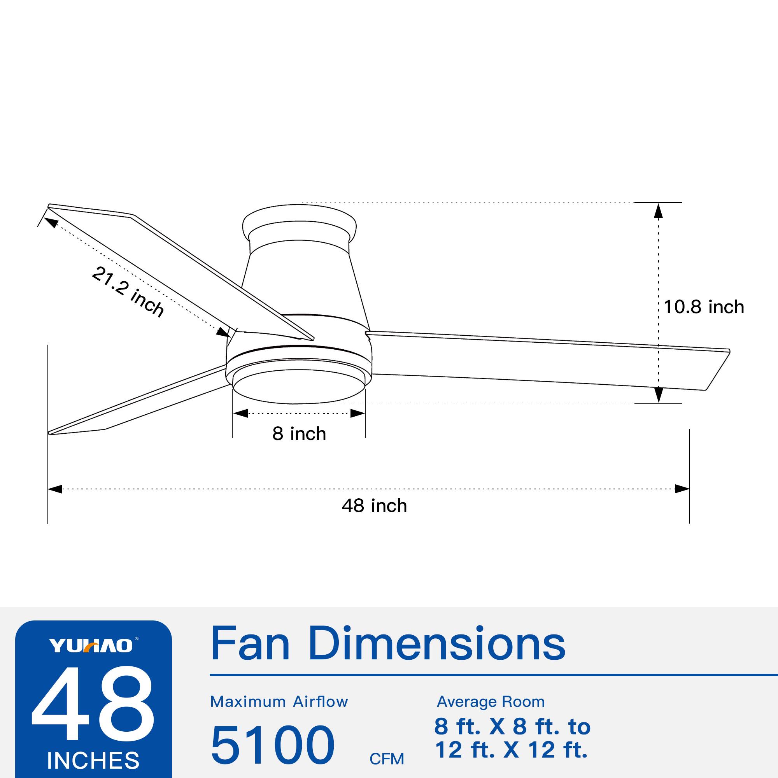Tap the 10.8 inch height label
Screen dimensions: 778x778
703,307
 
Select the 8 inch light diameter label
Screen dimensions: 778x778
299,434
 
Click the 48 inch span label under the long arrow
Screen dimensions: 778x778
374,506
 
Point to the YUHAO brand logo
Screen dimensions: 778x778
91,646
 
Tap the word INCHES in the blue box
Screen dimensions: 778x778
93,760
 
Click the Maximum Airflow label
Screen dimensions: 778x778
279,702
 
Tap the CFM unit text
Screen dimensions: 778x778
387,759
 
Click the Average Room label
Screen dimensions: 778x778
491,702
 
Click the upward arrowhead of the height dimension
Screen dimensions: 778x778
658,210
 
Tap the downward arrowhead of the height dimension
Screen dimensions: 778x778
658,395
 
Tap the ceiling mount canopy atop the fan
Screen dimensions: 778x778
300,224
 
